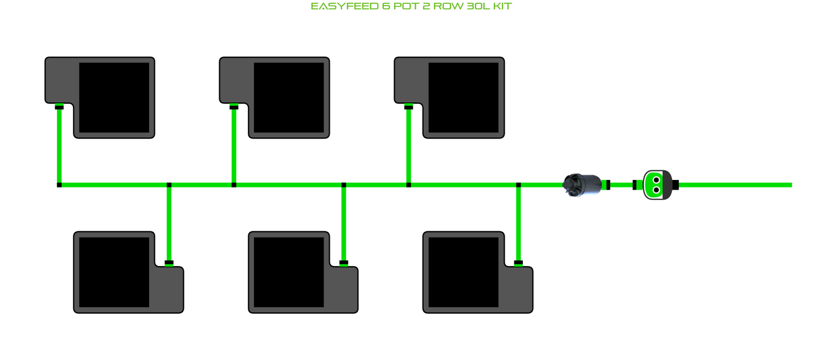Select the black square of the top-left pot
point(114,97)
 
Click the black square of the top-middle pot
point(289,97)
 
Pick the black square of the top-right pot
point(464,97)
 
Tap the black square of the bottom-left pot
point(114,272)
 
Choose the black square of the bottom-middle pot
point(289,272)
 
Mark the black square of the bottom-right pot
point(464,272)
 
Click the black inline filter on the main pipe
point(581,185)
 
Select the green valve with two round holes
point(656,185)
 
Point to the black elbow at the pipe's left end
point(59,185)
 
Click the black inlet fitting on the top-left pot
point(59,107)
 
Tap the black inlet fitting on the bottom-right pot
point(518,263)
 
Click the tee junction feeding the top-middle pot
point(234,185)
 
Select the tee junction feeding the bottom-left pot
point(169,185)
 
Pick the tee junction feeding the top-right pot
point(408,185)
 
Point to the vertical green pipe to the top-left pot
point(59,146)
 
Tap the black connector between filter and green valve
point(634,185)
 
